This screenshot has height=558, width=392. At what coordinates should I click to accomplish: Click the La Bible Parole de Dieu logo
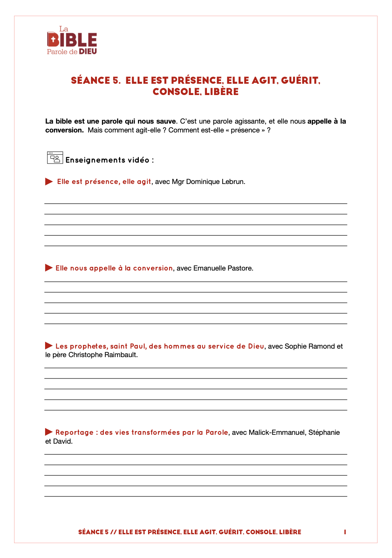[72, 41]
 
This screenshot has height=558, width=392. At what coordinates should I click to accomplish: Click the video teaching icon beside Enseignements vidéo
[55, 158]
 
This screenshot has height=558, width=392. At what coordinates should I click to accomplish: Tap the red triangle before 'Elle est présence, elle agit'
[49, 182]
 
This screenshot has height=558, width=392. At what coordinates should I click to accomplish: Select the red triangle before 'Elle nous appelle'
[49, 268]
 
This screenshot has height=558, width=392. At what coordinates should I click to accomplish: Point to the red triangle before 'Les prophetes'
[49, 345]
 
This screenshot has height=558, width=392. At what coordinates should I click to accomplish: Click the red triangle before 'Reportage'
[49, 432]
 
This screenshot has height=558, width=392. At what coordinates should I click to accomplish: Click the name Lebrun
[233, 182]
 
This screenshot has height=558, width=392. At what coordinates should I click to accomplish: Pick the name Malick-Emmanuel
[276, 432]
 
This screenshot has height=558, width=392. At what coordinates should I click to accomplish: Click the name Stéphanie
[324, 432]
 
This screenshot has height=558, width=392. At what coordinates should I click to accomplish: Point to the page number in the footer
[345, 532]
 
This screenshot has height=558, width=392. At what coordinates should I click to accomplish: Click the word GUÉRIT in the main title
[300, 81]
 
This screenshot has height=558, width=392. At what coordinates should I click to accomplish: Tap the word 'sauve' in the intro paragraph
[166, 121]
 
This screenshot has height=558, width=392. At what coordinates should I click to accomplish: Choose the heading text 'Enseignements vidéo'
[107, 160]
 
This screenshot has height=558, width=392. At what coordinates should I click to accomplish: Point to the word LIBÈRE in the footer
[290, 532]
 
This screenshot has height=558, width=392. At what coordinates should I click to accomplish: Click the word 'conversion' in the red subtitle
[153, 268]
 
